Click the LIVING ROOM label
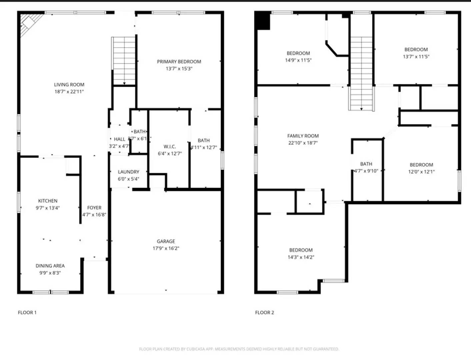tap(69, 85)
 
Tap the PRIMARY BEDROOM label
tap(179, 62)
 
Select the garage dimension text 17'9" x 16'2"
tap(166, 248)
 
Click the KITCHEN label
tap(48, 201)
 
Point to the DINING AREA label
tap(50, 266)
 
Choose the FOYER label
tap(94, 208)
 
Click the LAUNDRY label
tap(128, 172)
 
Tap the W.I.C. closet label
tap(170, 147)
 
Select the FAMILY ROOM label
tap(303, 136)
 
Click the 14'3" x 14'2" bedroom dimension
tap(301, 257)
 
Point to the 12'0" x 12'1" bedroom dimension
tap(421, 172)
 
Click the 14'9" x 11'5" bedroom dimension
tap(298, 60)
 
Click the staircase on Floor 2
tap(361, 73)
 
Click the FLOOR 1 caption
tap(27, 312)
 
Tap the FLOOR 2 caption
tap(264, 312)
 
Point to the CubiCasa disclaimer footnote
tap(239, 349)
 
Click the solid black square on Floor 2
tap(263, 21)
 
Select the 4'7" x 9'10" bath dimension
tap(366, 171)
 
